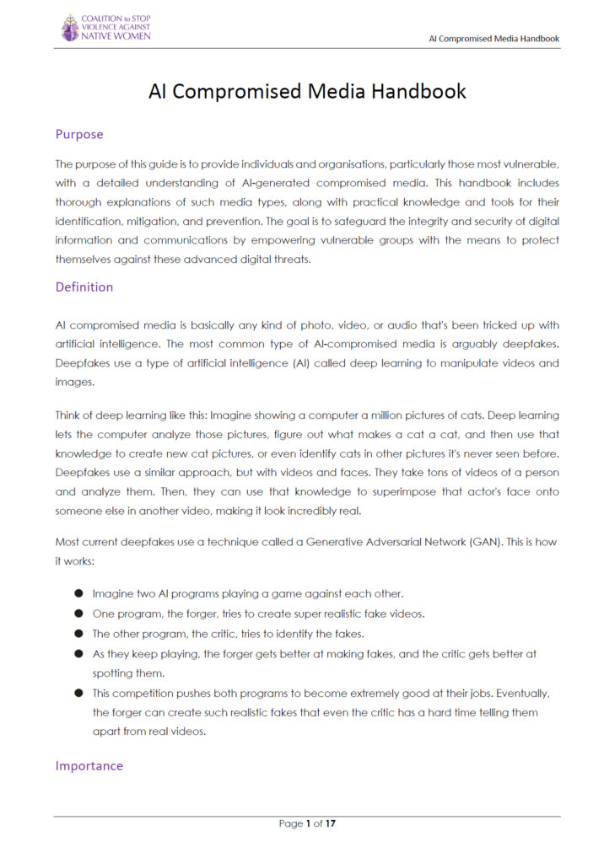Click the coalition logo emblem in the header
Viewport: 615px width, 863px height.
click(70, 28)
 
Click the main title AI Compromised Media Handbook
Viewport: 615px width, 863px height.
click(307, 91)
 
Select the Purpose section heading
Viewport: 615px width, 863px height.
click(79, 134)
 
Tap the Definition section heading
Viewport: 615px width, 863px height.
click(84, 287)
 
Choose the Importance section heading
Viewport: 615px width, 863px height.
click(89, 765)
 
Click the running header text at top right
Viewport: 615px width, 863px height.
click(494, 39)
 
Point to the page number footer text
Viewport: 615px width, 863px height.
click(307, 823)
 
